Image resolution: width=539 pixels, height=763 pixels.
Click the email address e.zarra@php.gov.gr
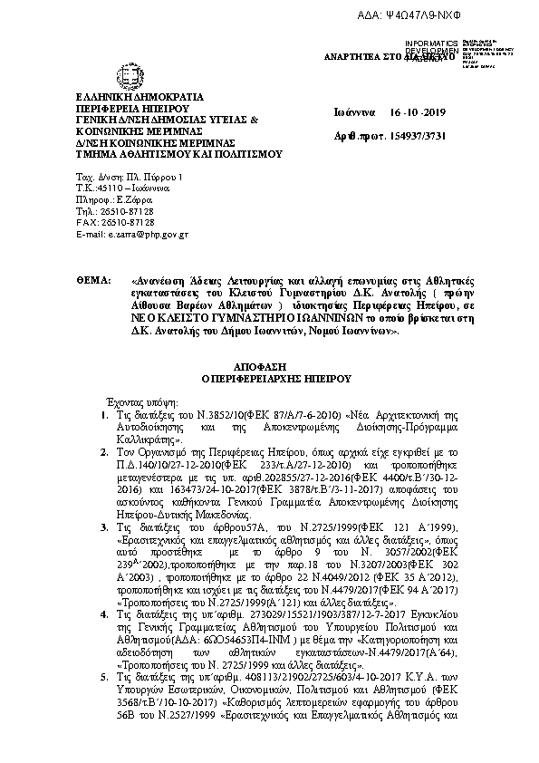coord(132,234)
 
